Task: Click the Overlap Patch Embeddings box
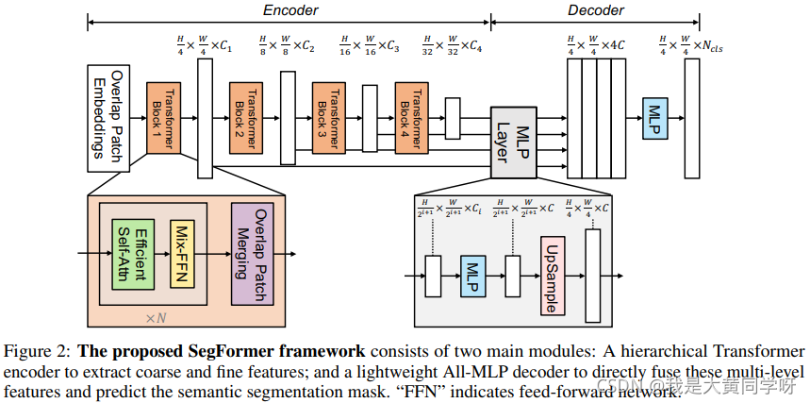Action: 107,118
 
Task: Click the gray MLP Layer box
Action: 513,142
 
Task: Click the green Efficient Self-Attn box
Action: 132,253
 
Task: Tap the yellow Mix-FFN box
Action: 181,253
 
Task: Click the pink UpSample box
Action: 552,277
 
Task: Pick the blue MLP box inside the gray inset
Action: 472,277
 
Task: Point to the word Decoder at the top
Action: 595,9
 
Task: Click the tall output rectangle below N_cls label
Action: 691,118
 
